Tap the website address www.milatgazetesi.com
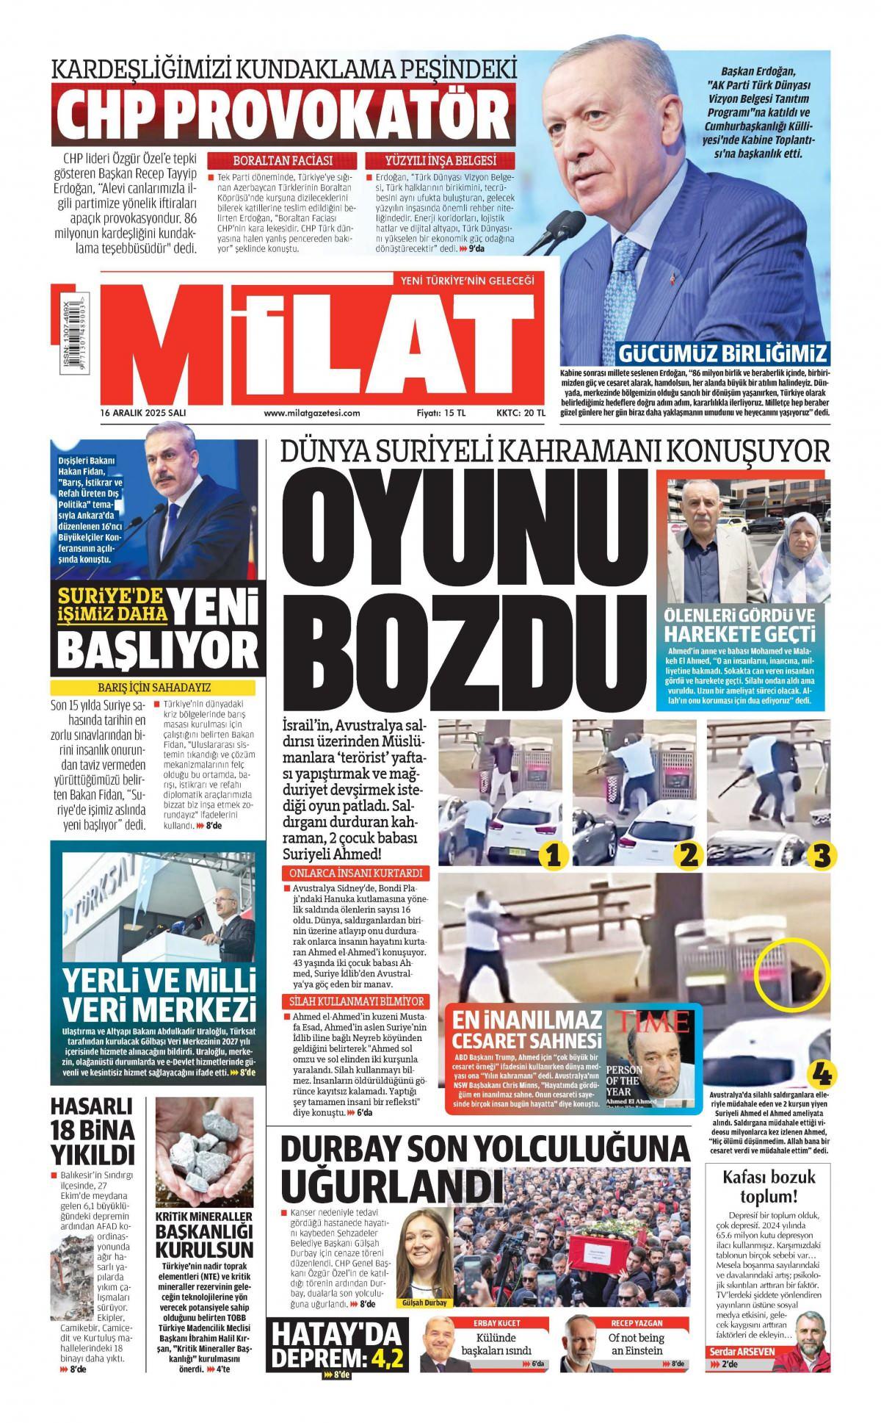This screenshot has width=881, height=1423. (x=312, y=414)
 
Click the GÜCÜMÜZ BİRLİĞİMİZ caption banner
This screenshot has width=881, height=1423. (x=723, y=353)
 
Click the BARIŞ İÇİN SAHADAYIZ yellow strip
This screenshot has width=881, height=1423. (x=153, y=688)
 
